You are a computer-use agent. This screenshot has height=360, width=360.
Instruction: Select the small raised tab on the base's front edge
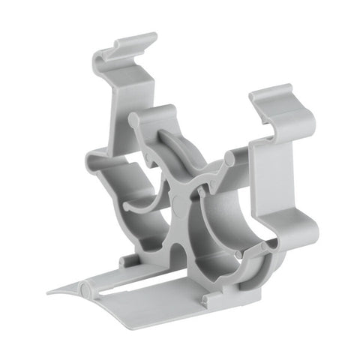204,299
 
